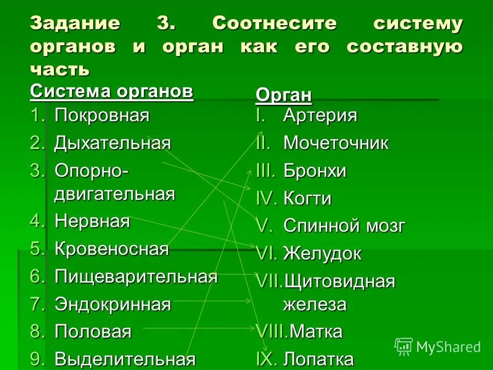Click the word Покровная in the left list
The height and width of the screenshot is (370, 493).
102,116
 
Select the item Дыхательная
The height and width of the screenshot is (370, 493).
112,143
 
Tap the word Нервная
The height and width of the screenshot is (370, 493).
92,221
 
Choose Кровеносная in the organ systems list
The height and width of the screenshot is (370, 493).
111,249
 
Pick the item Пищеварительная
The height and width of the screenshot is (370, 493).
136,277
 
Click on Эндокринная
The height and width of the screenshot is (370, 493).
112,304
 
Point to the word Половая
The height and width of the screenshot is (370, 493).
93,331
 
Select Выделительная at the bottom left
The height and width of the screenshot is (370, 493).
125,359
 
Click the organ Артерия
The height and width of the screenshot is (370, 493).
320,116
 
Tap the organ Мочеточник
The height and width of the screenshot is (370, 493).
336,143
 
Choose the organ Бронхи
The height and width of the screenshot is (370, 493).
315,171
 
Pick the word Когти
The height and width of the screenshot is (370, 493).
307,199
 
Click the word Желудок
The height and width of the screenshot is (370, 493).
323,253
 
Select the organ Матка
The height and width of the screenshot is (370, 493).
316,332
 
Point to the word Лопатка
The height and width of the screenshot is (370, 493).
318,359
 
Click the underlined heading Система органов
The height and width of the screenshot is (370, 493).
111,92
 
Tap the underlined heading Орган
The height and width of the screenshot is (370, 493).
283,96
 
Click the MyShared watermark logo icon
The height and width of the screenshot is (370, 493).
404,347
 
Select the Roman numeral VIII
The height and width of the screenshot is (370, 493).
272,332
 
